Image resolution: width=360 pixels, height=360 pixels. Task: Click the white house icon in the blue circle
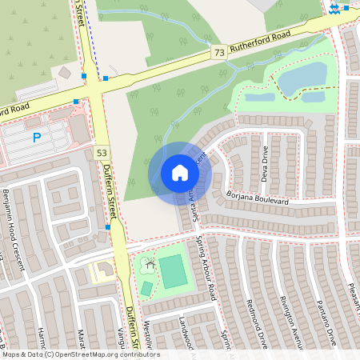[x=180, y=172]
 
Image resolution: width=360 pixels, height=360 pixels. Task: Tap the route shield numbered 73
[x=218, y=52]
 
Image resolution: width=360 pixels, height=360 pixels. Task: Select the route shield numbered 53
[x=101, y=152]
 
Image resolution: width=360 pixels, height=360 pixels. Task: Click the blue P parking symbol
[x=37, y=138]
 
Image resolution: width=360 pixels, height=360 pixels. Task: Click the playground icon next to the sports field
[x=149, y=263]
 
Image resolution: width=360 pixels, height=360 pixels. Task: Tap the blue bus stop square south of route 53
[x=107, y=227]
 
